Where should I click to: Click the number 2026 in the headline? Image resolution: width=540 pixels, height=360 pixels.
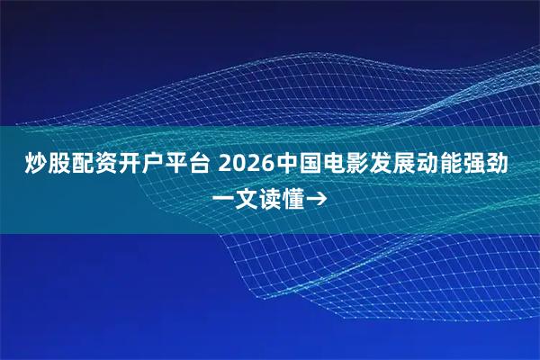pyautogui.click(x=243, y=165)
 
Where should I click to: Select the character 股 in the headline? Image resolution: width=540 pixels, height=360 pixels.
pyautogui.click(x=58, y=165)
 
